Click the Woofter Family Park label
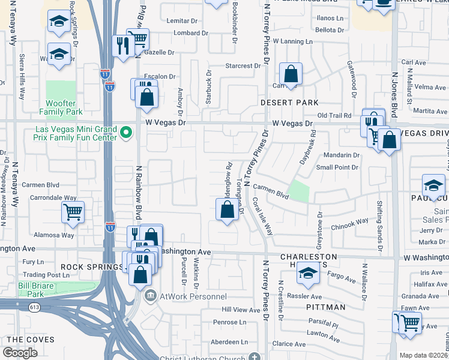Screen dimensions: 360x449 point(61,107)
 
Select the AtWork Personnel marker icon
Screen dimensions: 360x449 point(150,296)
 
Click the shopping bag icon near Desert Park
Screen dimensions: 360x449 point(291,76)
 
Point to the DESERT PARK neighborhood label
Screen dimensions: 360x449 point(289,103)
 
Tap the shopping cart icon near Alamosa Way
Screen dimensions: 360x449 point(73,212)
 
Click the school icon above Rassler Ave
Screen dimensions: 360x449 point(308,274)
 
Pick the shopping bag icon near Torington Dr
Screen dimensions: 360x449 point(227,210)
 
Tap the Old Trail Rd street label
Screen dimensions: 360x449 point(337,115)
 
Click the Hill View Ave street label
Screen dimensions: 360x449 point(241,310)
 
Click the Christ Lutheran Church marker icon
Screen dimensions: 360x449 point(255,358)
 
